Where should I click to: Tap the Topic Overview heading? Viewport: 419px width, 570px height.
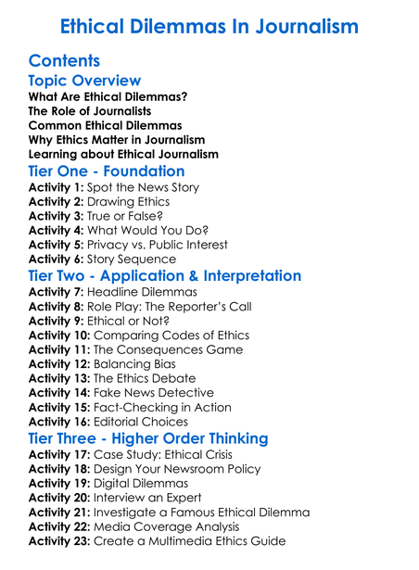(x=84, y=81)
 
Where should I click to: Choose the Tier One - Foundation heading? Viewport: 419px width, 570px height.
(x=107, y=171)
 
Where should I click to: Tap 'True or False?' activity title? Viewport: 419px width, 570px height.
(x=133, y=216)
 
